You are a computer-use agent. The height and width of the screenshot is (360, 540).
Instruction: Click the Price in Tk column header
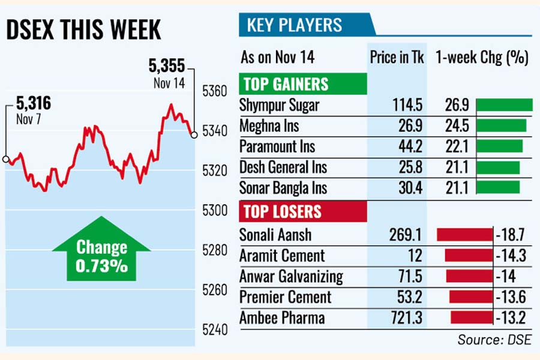pos(397,58)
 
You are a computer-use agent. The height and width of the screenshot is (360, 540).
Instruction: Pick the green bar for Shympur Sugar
pos(504,105)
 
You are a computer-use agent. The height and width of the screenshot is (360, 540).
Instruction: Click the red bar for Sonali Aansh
pos(464,235)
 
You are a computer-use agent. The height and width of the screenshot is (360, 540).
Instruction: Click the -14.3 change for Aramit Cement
pos(511,256)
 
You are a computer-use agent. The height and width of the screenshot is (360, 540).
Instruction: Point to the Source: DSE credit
pos(494,340)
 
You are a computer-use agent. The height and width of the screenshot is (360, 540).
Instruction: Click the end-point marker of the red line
pos(194,134)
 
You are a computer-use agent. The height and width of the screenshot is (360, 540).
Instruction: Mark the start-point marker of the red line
pos(5,160)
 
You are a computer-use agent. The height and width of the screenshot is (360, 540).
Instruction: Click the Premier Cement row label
pos(285,297)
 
